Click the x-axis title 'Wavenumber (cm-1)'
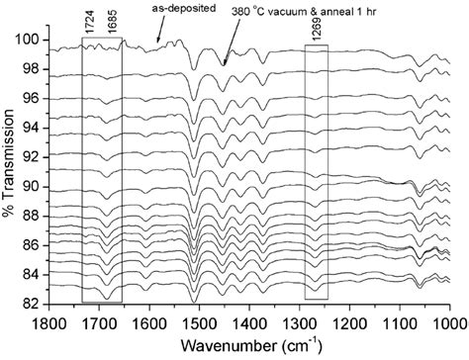tap(246, 344)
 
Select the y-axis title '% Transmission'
tap(11, 170)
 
